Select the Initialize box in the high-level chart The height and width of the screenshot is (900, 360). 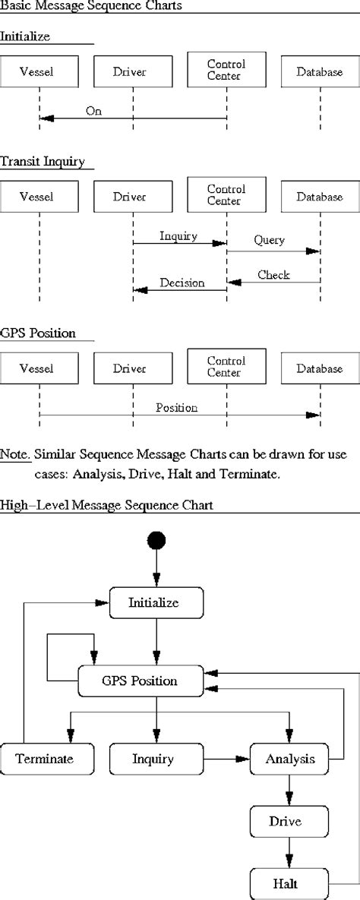pos(157,602)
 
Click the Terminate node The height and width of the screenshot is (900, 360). pos(47,758)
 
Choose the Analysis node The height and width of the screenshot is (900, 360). pos(290,758)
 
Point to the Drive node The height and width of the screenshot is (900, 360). pos(289,821)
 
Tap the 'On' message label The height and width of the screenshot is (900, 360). pos(93,111)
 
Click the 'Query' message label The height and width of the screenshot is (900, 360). pos(269,240)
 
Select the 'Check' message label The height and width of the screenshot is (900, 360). pos(273,274)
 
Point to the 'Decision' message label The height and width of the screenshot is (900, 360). pos(182,283)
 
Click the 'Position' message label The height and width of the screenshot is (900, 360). pos(176,408)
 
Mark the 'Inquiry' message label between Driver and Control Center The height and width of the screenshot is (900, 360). pos(178,236)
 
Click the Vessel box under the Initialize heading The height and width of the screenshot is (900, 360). pos(38,71)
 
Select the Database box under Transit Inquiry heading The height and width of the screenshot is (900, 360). pos(319,197)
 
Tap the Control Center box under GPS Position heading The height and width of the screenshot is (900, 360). pos(226,368)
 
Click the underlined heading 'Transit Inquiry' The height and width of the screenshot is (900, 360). pos(42,161)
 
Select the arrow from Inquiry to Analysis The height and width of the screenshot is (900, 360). pos(227,758)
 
